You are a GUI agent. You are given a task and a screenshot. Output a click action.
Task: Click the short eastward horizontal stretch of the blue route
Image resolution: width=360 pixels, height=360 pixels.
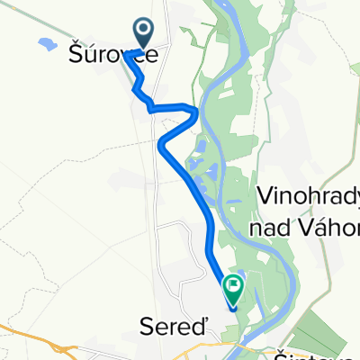[x=171, y=108]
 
